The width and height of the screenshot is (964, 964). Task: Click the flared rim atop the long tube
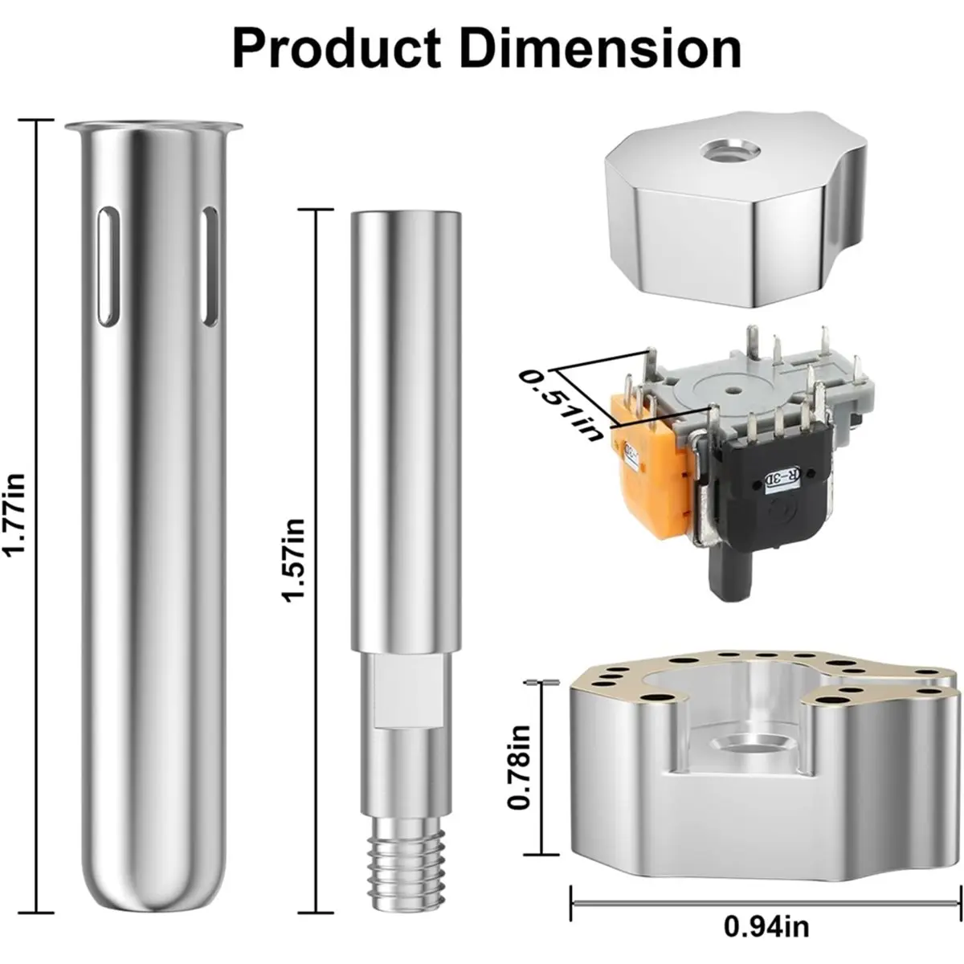click(x=153, y=128)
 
